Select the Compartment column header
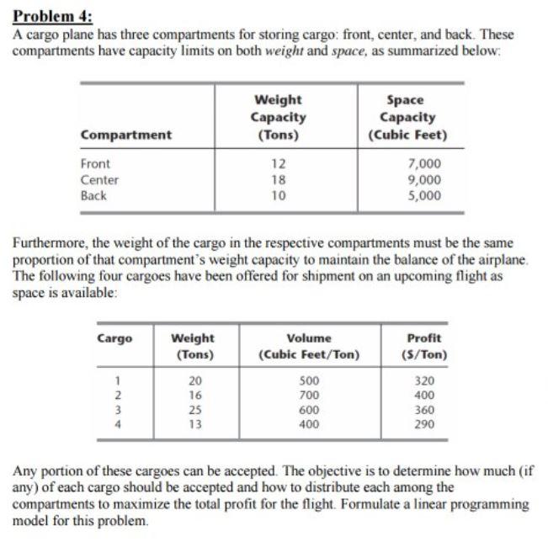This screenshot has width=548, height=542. [x=125, y=135]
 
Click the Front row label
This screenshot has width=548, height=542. [x=95, y=164]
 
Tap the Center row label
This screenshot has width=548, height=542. [x=99, y=180]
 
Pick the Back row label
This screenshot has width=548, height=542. [x=93, y=195]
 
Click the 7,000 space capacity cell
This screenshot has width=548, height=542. [x=423, y=164]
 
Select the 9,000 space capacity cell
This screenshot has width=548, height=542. [x=423, y=180]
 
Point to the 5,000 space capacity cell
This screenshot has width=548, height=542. [x=423, y=195]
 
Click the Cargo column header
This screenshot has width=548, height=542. [x=114, y=338]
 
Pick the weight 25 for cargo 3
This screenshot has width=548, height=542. [x=193, y=410]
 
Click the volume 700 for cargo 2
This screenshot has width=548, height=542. [x=309, y=395]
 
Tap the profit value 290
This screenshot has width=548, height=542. [x=424, y=424]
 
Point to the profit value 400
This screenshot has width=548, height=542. [x=424, y=395]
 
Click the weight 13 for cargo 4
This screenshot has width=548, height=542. [x=193, y=424]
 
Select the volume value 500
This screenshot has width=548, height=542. [x=309, y=380]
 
